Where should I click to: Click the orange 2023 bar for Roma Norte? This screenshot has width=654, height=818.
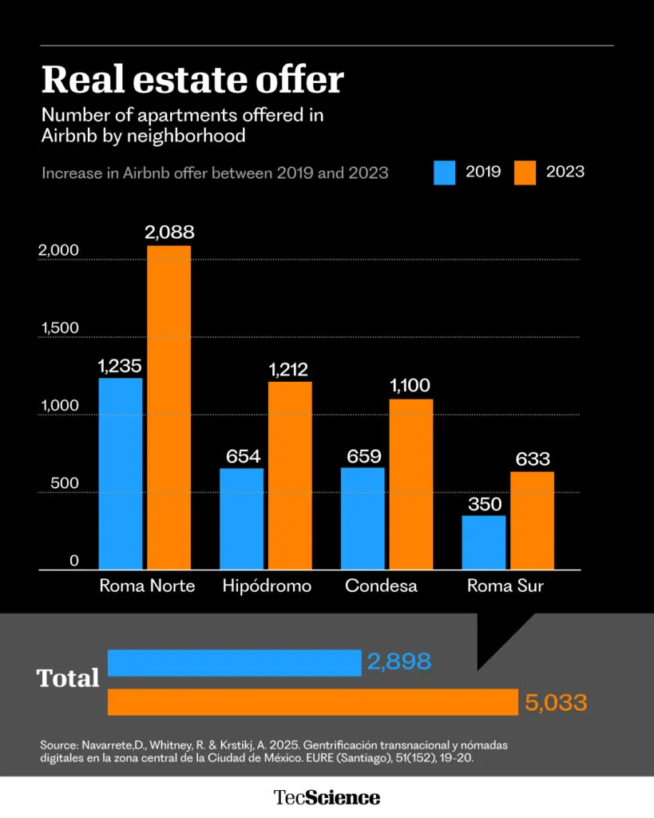point(168,407)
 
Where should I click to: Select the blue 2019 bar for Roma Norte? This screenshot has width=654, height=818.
point(121,474)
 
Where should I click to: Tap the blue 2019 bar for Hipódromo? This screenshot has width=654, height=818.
point(241,518)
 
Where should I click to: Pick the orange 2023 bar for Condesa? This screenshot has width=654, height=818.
point(411,484)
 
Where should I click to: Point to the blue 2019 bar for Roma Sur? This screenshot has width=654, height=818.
point(484,542)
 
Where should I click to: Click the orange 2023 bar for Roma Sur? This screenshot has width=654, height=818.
point(532,520)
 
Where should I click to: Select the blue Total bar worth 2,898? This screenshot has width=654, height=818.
point(234,663)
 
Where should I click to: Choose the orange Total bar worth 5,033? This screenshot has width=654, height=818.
point(313,702)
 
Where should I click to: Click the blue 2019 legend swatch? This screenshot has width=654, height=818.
point(445,172)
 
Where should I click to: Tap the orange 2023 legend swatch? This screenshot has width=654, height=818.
point(525,172)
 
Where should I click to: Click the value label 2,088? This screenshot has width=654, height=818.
point(169,233)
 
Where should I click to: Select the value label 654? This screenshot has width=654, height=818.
point(241,456)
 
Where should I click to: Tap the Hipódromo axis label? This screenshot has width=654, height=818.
point(267,586)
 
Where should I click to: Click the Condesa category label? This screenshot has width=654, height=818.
point(381,586)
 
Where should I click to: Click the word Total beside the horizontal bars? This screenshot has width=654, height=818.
point(68,678)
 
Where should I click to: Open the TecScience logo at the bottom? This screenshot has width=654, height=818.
point(327,796)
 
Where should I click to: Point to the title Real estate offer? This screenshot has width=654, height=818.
point(192,79)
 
